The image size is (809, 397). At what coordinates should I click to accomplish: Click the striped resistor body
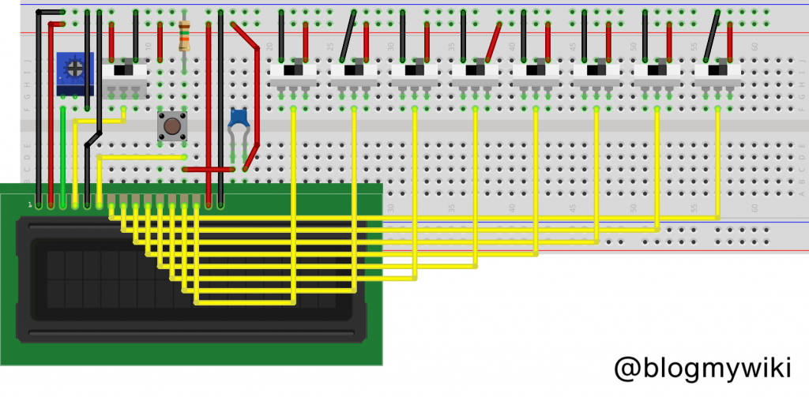184,36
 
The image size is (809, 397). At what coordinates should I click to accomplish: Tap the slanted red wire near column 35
494,42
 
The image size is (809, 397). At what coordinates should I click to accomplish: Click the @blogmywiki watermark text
702,367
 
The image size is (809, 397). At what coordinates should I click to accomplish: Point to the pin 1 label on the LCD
30,204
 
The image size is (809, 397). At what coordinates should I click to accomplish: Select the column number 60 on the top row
755,47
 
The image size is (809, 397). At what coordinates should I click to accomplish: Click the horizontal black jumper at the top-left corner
50,12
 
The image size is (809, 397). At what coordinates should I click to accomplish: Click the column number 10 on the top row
148,47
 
